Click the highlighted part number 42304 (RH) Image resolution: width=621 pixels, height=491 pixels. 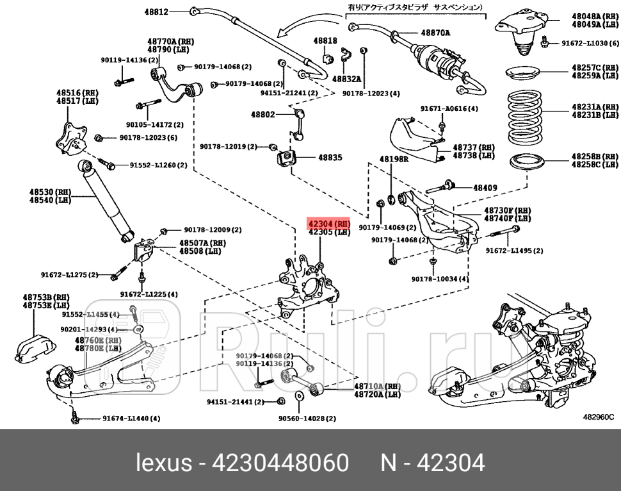[x=329, y=224]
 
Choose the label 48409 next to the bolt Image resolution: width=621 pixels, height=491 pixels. [x=485, y=188]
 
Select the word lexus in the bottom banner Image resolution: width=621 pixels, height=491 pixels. [x=164, y=462]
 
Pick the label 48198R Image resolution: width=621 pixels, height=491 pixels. [x=393, y=158]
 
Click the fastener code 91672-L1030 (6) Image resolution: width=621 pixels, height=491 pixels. [x=590, y=44]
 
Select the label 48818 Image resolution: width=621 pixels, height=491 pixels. [x=325, y=40]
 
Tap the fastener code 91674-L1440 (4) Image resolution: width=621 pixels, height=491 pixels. [x=131, y=419]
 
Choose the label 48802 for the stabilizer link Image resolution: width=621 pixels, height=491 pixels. [x=262, y=115]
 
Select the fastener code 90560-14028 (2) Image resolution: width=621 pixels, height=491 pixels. [x=307, y=419]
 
